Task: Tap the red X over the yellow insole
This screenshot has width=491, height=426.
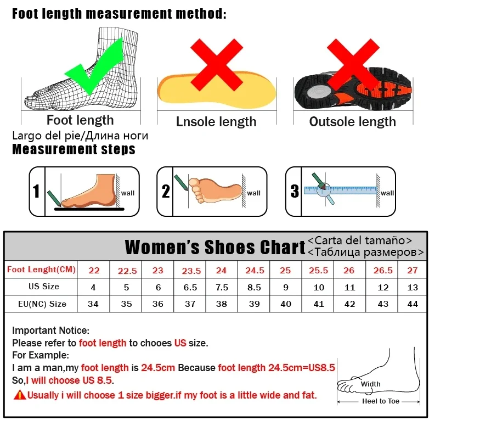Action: tap(217, 65)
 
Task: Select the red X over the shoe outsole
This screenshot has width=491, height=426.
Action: tap(353, 65)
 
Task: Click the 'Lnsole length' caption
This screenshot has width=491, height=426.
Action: tap(216, 122)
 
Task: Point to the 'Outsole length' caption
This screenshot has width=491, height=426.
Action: tap(353, 122)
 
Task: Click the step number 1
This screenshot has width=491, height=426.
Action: tap(36, 191)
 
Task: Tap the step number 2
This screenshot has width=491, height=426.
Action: tap(166, 191)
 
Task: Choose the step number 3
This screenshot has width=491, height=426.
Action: tap(295, 191)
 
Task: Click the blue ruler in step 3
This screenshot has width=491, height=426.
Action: tap(341, 190)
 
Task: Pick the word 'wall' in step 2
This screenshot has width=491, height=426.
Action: tap(253, 193)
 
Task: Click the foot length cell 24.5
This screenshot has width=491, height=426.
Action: tap(255, 270)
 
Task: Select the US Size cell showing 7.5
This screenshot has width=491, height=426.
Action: tap(222, 287)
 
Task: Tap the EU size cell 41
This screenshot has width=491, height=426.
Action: tap(319, 304)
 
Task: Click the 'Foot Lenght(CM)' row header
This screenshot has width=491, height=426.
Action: tap(41, 270)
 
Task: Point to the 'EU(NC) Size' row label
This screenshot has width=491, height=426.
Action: tap(42, 304)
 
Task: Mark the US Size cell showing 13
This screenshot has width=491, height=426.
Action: tap(413, 287)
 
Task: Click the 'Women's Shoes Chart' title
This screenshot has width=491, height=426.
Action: tap(215, 247)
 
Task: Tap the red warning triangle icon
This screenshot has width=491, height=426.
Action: tap(20, 395)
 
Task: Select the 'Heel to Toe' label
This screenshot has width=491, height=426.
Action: tap(381, 401)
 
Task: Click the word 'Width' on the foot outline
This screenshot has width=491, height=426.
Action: tap(370, 384)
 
